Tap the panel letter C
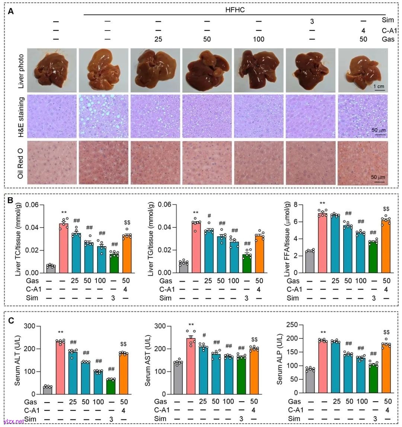[12, 321]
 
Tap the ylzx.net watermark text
[13, 421]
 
